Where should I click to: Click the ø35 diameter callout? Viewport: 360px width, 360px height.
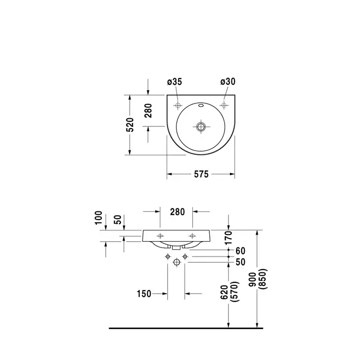click(x=174, y=82)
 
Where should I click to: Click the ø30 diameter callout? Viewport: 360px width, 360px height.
click(x=228, y=81)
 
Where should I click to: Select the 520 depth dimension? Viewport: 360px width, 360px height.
click(x=130, y=124)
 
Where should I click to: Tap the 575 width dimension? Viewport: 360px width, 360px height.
click(x=202, y=174)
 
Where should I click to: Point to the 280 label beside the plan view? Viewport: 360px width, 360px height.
click(x=149, y=111)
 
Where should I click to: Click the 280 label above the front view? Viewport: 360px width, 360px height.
click(x=177, y=212)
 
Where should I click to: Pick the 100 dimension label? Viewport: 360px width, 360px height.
click(x=98, y=218)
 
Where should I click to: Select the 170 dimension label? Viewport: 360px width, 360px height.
click(x=228, y=238)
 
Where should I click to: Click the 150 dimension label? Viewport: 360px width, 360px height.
click(x=144, y=294)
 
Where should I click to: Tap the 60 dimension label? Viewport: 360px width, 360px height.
click(x=240, y=251)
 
